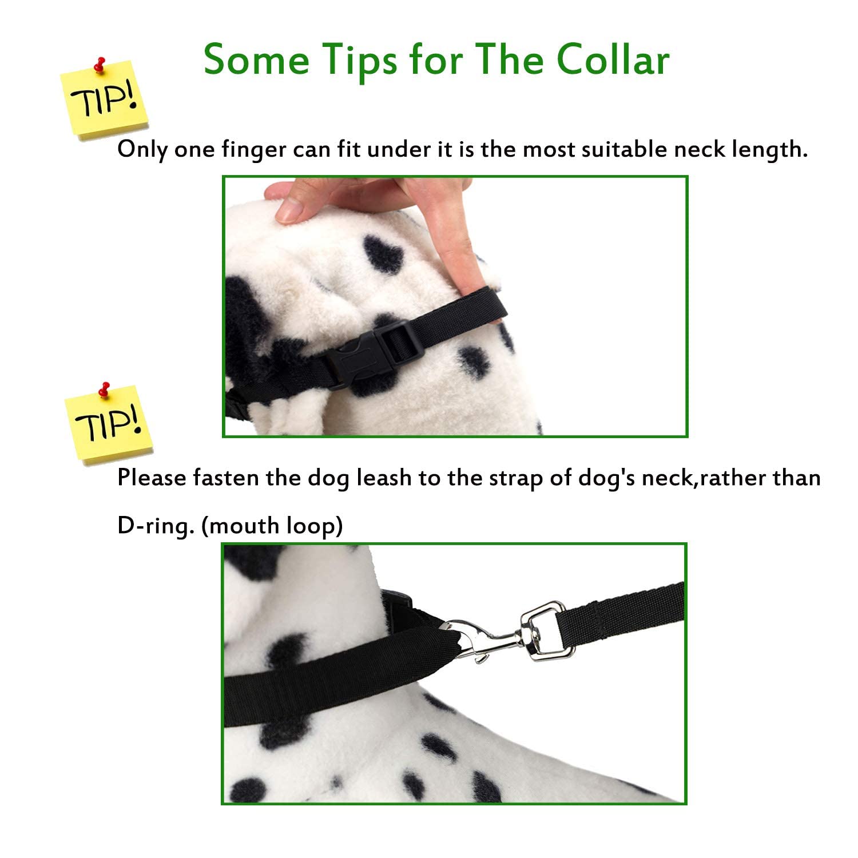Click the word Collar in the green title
click(x=613, y=59)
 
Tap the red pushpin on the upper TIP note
click(x=101, y=65)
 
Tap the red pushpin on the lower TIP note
click(x=104, y=390)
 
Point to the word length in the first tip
click(x=769, y=149)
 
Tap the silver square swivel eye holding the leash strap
click(x=543, y=629)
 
